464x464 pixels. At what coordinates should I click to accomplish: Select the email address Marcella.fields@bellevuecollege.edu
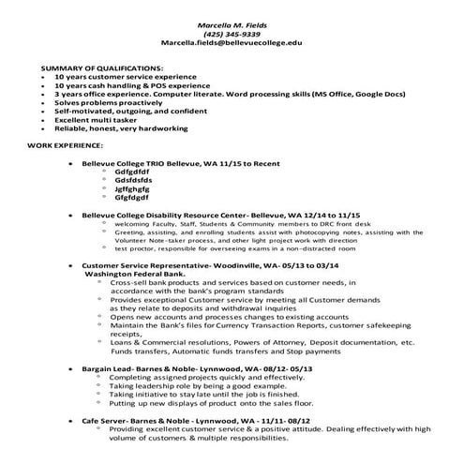tap(232, 43)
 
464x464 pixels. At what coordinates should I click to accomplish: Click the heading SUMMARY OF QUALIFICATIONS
tap(102, 69)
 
